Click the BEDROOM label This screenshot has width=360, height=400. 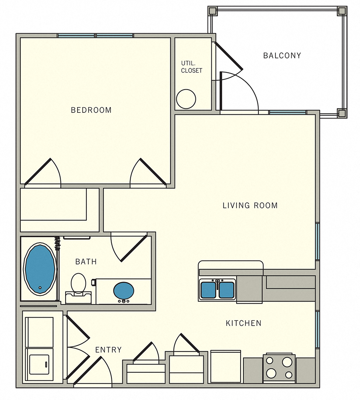(91, 110)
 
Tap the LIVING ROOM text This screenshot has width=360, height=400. (250, 206)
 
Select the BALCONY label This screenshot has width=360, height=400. (282, 56)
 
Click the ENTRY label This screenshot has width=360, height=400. (108, 350)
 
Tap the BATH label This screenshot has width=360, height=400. (86, 262)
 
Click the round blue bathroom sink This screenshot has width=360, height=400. (123, 291)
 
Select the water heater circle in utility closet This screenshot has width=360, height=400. (186, 98)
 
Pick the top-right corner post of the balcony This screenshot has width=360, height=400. (342, 11)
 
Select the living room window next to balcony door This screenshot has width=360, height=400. (287, 112)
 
